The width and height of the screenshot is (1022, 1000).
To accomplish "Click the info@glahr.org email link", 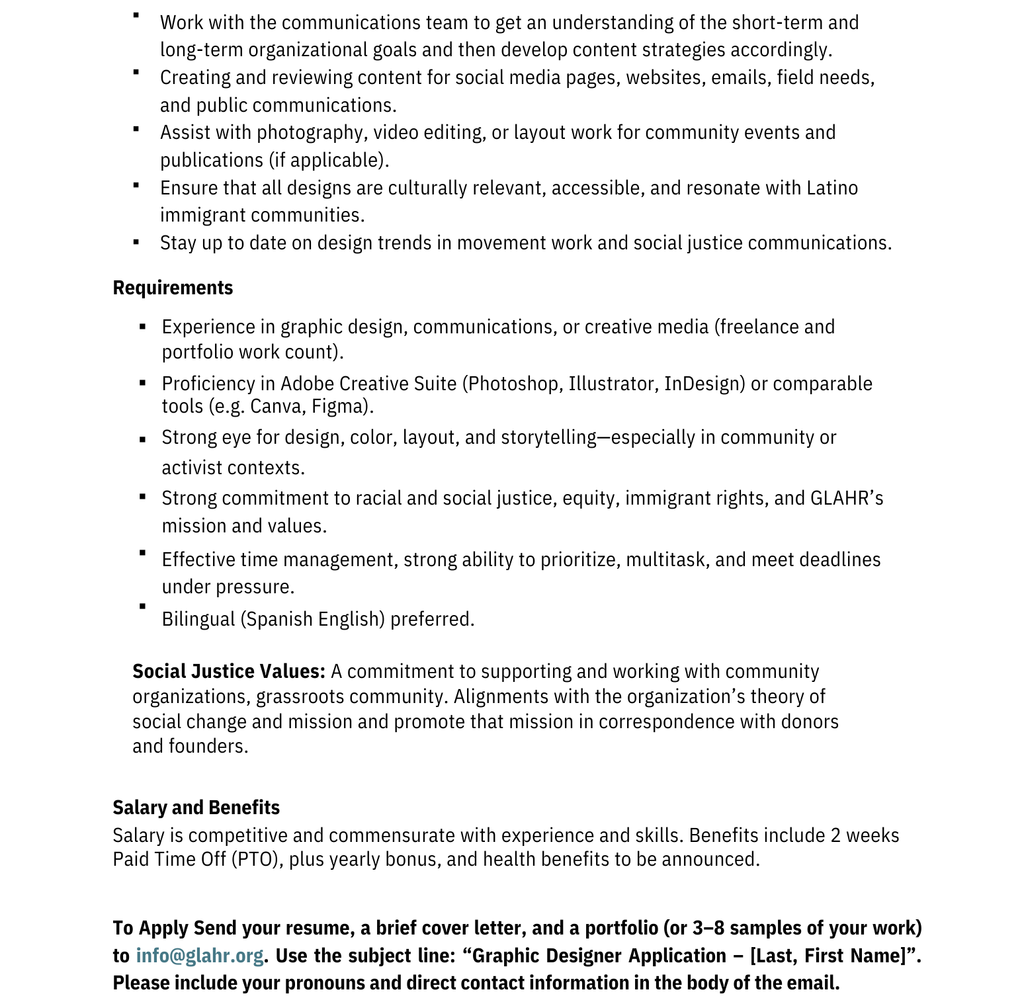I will pos(199,956).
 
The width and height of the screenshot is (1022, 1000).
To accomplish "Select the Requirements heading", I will pos(173,288).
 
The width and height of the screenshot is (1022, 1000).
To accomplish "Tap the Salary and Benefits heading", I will pos(196,808).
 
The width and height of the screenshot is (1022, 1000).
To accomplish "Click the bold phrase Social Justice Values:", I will pos(229,671).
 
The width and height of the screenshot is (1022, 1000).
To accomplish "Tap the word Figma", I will pos(340,406).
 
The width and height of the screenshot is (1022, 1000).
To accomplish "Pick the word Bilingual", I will pos(198,619).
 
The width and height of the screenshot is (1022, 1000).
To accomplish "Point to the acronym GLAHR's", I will pos(847,498).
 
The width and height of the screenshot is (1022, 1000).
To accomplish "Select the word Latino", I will pos(832,188).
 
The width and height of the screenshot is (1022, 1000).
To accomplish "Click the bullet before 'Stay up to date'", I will pos(136,242).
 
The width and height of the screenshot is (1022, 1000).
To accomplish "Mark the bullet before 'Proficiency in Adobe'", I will pos(142,382).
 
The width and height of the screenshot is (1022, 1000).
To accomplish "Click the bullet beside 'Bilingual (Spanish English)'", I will pos(142,606).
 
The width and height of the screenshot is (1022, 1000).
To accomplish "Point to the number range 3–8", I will pos(708,928).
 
